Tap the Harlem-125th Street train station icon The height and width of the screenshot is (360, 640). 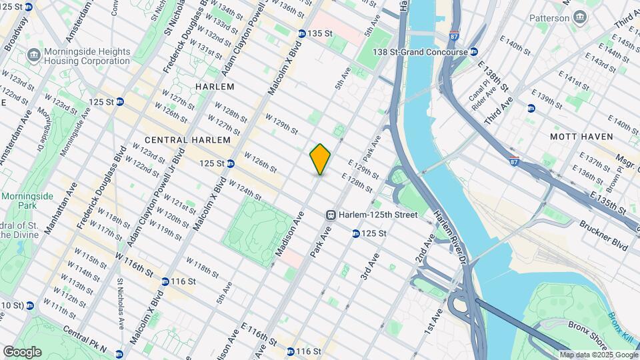[330, 215]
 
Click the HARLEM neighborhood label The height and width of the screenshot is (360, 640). [215, 87]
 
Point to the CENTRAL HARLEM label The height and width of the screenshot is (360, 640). [187, 140]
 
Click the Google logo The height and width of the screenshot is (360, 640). [22, 351]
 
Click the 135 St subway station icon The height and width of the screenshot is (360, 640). [302, 33]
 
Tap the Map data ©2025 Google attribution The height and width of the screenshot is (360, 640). [598, 355]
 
